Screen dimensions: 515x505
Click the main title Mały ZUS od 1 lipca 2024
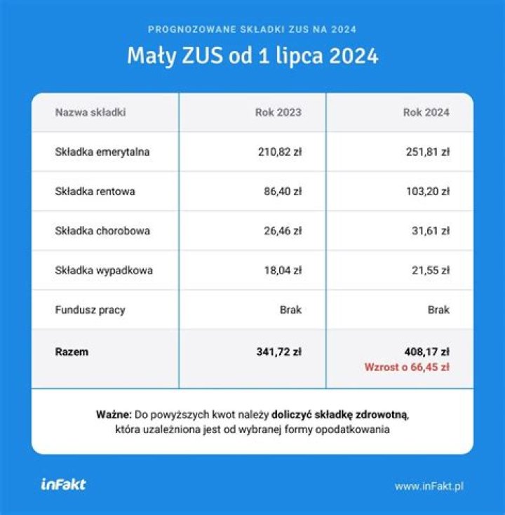point(252,56)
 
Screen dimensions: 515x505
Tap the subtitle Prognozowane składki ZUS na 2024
point(252,29)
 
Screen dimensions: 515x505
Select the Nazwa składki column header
point(90,112)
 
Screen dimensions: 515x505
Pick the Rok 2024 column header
point(426,112)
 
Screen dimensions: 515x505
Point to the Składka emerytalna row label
point(102,152)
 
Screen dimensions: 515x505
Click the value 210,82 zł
point(280,152)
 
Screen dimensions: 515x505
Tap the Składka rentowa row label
point(95,191)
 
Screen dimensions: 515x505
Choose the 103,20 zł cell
point(427,191)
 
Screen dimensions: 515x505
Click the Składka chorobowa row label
point(102,230)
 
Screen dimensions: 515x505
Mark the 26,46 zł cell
point(282,230)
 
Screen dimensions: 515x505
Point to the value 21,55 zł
point(429,269)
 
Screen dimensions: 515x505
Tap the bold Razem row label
point(72,352)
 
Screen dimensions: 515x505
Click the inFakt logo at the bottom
point(63,484)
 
